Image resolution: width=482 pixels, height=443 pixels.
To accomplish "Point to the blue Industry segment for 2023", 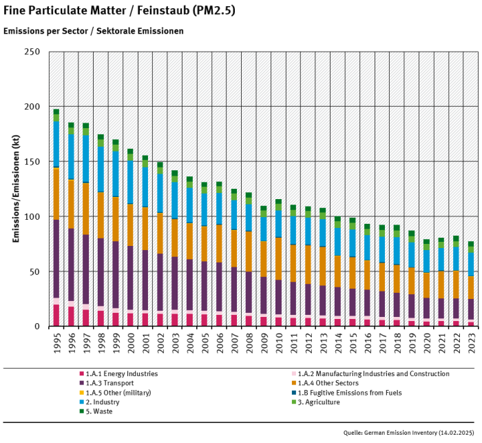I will click(471, 264).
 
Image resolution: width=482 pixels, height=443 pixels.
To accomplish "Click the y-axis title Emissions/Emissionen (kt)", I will click(14, 189).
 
